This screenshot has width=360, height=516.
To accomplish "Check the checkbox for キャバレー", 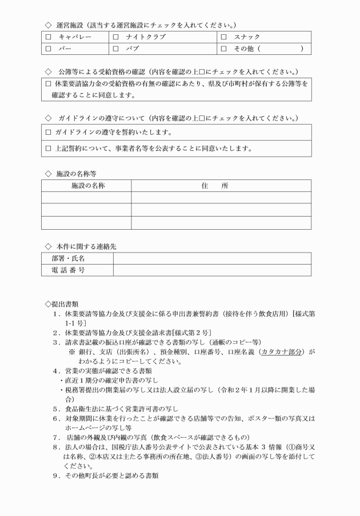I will pyautogui.click(x=48, y=38).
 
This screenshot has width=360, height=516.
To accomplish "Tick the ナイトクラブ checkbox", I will pyautogui.click(x=115, y=38).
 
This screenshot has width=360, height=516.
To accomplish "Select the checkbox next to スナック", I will pyautogui.click(x=223, y=38).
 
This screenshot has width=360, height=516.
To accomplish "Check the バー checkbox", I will pyautogui.click(x=48, y=49).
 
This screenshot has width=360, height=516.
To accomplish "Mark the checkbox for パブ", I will pyautogui.click(x=115, y=49).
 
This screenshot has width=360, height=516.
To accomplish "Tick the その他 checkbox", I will pyautogui.click(x=223, y=49).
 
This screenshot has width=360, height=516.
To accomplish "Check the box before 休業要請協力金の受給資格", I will pyautogui.click(x=48, y=84).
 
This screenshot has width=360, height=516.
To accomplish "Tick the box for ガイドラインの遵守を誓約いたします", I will pyautogui.click(x=48, y=133).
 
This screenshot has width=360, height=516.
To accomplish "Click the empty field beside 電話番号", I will pyautogui.click(x=212, y=270).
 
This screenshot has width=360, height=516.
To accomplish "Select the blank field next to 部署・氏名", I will pyautogui.click(x=212, y=259).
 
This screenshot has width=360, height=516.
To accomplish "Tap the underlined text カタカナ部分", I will pyautogui.click(x=283, y=352).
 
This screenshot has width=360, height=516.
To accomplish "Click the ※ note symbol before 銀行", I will pyautogui.click(x=72, y=352).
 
